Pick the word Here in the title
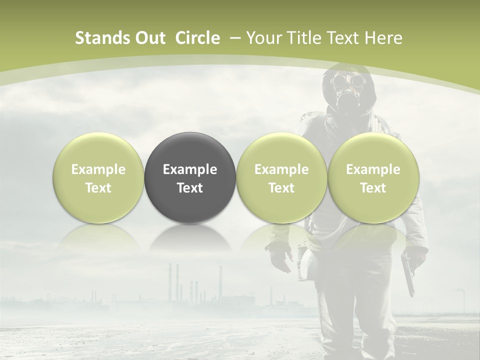(x=384, y=38)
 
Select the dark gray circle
(x=190, y=177)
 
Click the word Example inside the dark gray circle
(x=190, y=169)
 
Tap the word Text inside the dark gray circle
(x=190, y=188)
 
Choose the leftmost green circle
(x=98, y=177)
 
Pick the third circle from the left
(x=281, y=177)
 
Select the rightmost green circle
(x=373, y=177)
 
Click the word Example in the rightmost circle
(x=373, y=169)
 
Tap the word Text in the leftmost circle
(x=98, y=188)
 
